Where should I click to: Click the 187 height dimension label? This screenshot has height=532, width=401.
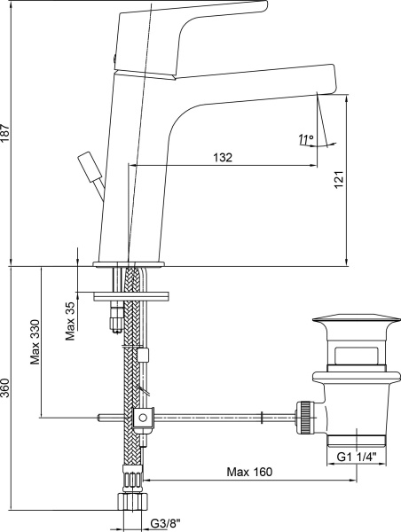[5, 133]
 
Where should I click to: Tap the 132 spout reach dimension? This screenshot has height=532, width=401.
[223, 158]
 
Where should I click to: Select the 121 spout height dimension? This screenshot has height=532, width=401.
[339, 179]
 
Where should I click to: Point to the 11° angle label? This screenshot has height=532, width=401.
[305, 139]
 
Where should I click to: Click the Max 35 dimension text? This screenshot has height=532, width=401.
[70, 321]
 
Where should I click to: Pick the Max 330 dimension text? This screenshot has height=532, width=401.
[35, 341]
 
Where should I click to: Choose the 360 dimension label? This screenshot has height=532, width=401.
[5, 387]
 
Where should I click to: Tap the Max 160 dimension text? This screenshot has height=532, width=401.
[249, 472]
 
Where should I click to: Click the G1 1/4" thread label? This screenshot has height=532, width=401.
[357, 457]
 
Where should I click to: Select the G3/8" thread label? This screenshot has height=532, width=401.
[165, 523]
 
